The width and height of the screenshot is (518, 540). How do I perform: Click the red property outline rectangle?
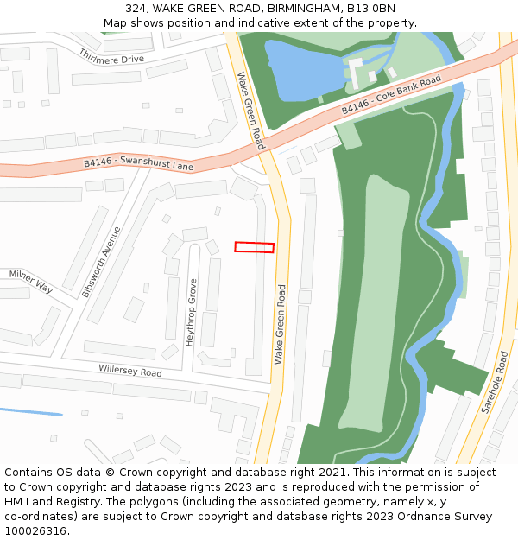[x=254, y=247]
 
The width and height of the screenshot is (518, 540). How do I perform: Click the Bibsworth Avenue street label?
[x=102, y=262]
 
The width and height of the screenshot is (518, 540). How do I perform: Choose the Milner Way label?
[x=30, y=281]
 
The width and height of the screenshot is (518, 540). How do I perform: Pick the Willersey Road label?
[x=129, y=371]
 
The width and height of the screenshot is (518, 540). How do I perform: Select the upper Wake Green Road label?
[x=250, y=111]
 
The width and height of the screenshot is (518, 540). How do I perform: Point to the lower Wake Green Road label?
[x=281, y=324]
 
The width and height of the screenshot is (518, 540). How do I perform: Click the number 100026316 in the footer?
[x=35, y=530]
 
